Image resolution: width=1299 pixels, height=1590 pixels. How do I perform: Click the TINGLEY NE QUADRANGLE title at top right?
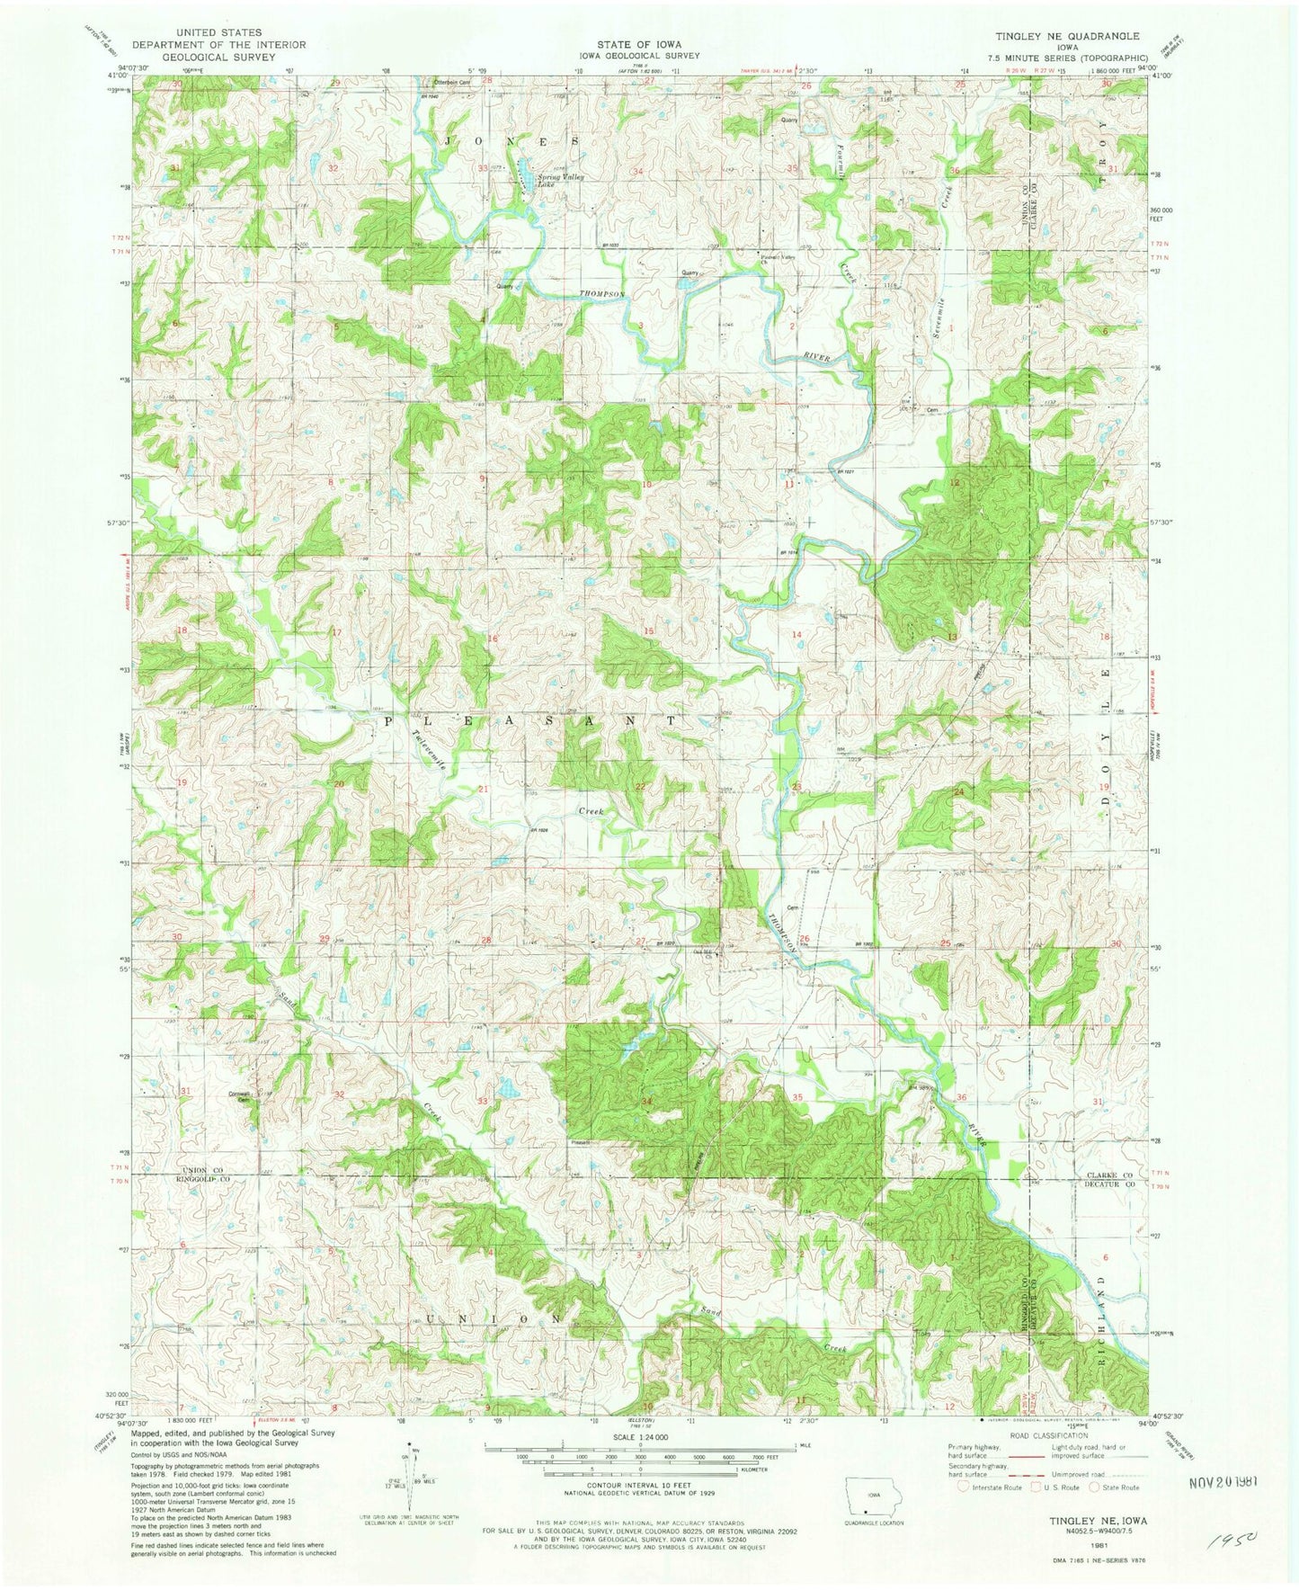point(1065,36)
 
